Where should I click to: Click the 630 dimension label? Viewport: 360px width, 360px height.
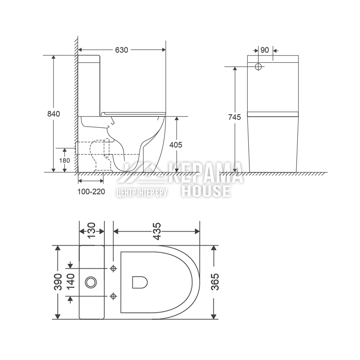tap(121, 50)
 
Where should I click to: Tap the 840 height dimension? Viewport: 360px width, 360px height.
tap(54, 114)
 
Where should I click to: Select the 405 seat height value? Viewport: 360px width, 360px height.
tap(176, 145)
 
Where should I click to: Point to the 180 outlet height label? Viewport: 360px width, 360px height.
tap(64, 160)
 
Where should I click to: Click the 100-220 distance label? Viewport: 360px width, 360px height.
tap(91, 192)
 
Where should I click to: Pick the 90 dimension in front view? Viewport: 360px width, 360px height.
tap(265, 50)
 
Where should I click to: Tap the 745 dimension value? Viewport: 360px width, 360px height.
tap(234, 117)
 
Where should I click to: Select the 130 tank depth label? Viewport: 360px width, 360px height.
tap(91, 230)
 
